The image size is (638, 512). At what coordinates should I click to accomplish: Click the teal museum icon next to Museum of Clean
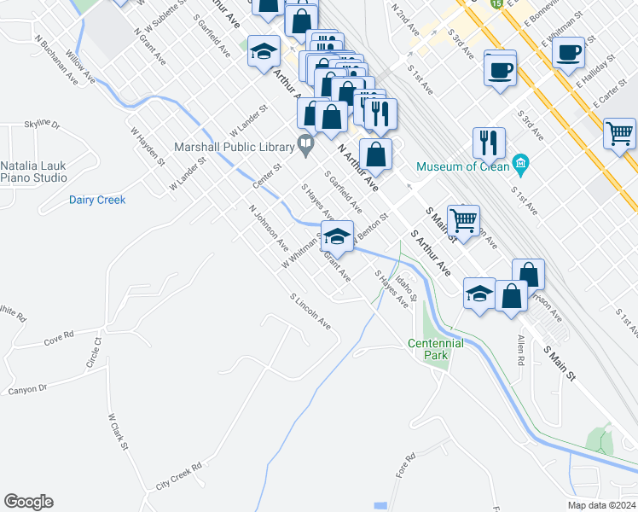(519, 162)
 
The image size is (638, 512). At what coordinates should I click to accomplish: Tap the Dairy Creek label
(97, 200)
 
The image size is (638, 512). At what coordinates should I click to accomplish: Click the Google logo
(28, 502)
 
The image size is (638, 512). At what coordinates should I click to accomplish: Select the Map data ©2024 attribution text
(602, 504)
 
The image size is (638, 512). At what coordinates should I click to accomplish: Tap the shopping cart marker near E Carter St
(619, 133)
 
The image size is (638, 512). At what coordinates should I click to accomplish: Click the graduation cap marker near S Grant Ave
(338, 238)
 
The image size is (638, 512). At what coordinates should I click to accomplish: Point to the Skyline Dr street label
(43, 125)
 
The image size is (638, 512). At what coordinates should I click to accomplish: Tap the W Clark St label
(118, 432)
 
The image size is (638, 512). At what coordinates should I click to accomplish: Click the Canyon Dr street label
(27, 389)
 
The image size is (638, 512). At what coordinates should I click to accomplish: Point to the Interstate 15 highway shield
(496, 3)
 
